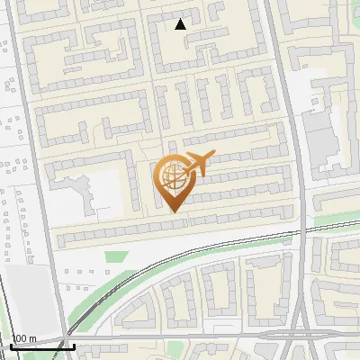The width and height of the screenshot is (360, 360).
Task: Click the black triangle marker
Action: coord(181,24)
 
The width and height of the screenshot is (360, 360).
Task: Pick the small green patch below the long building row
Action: coord(113,256)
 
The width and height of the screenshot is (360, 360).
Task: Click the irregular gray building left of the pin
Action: coord(76,189)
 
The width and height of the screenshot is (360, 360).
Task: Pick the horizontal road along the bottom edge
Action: coord(180,337)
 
